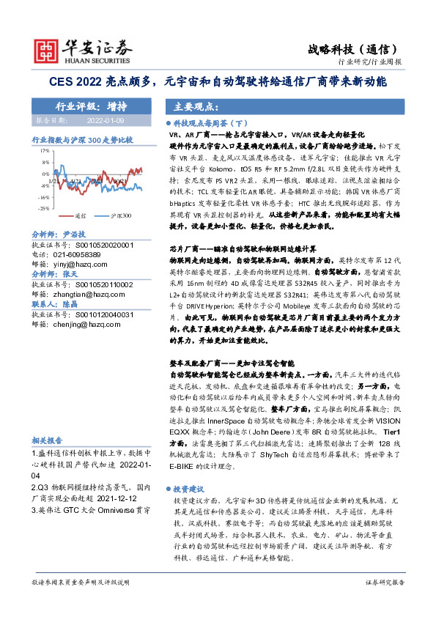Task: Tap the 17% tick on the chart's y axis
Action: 44,149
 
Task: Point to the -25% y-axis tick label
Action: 43,209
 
